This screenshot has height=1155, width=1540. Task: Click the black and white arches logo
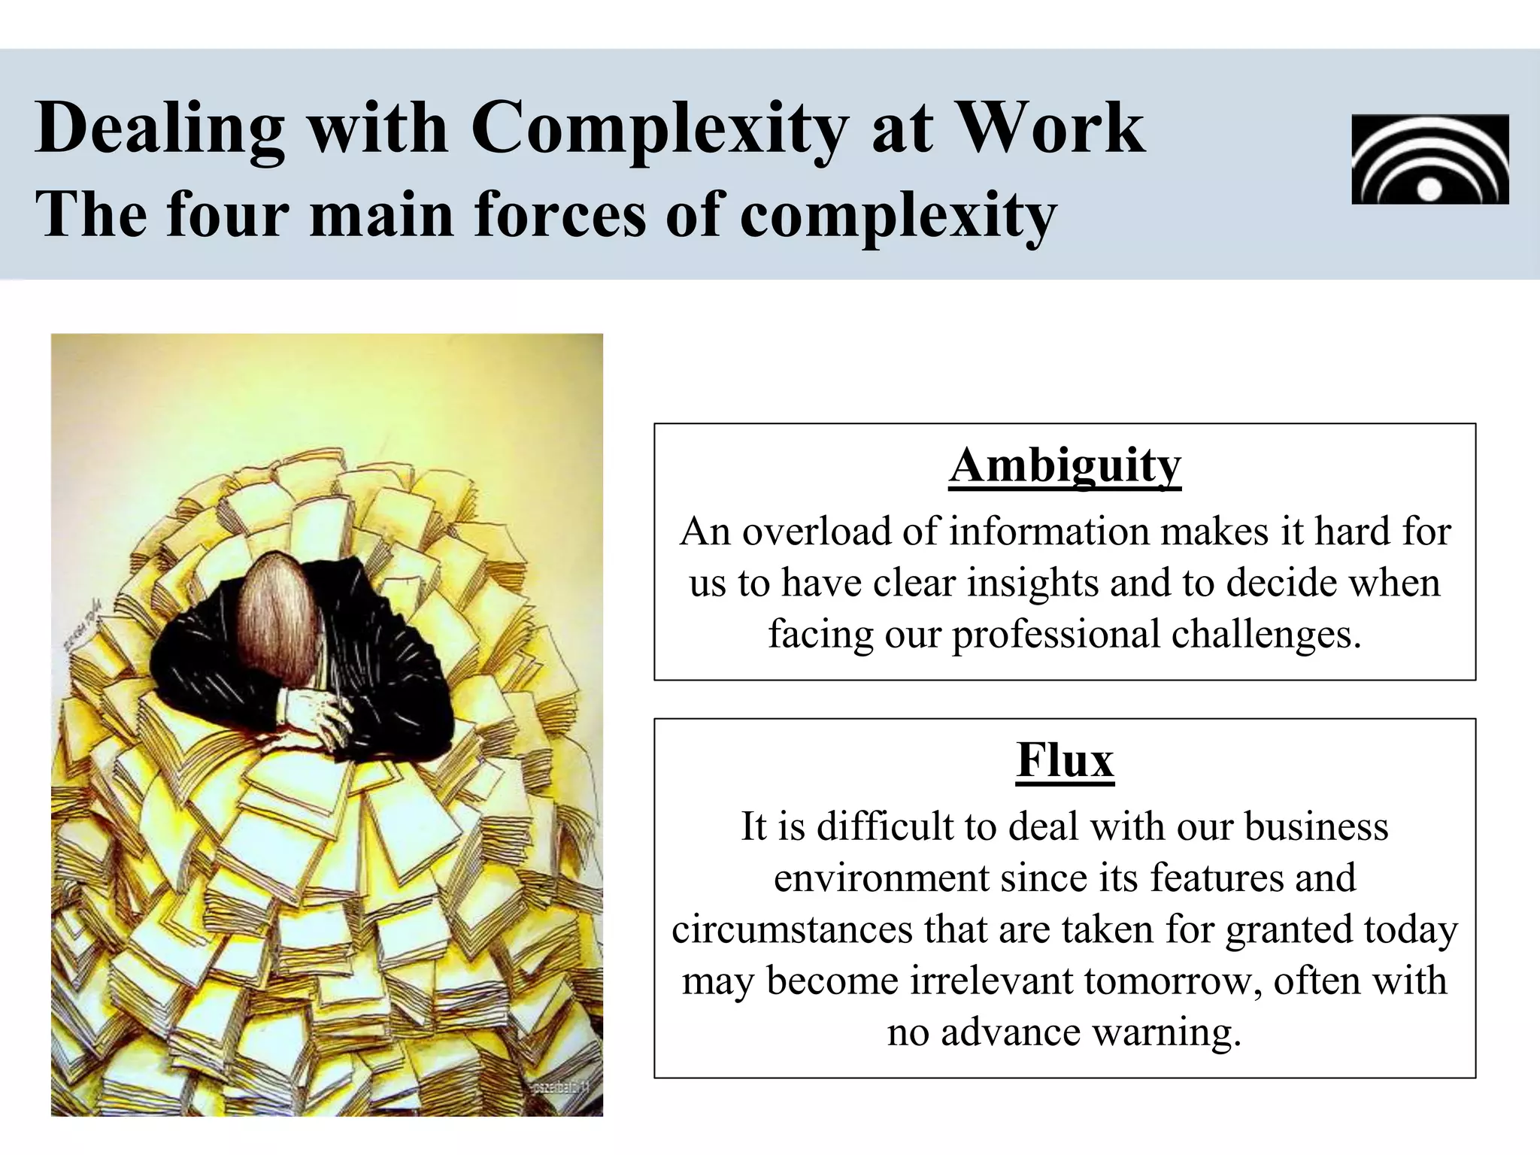1429,159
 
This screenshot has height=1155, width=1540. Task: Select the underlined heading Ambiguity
1064,465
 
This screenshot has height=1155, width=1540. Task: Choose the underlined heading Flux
1064,760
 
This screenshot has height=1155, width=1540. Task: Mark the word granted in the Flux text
1289,930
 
